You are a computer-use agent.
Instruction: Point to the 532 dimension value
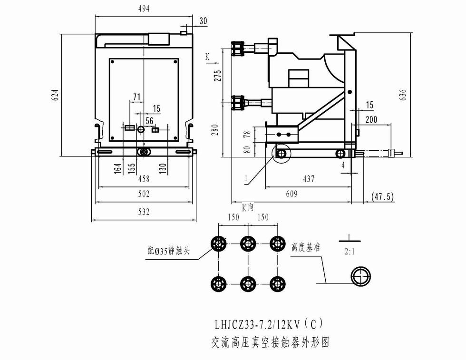click(x=144, y=212)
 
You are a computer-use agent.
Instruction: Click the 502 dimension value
click(x=144, y=194)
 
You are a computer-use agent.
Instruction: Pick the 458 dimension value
click(x=144, y=179)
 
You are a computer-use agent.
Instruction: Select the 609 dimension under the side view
click(x=291, y=194)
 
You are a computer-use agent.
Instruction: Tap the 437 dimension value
click(x=308, y=179)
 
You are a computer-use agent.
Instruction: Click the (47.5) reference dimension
click(x=382, y=196)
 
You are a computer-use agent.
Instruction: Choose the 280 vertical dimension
click(x=214, y=129)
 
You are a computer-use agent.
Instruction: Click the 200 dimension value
click(x=371, y=119)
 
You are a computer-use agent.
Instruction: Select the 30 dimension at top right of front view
click(x=204, y=20)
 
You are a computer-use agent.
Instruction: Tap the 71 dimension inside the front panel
click(x=137, y=97)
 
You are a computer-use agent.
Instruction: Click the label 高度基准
click(x=305, y=248)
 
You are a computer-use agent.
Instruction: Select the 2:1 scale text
click(x=349, y=252)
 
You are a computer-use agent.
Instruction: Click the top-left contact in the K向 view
click(x=219, y=244)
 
